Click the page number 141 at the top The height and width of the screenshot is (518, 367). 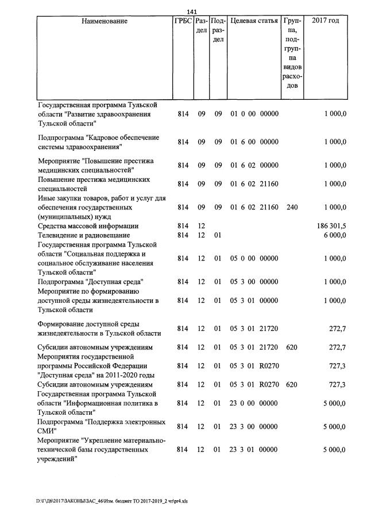(x=192, y=12)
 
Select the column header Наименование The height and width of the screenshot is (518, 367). (x=104, y=21)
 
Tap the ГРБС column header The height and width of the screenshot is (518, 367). (x=183, y=21)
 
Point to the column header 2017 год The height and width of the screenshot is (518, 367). (x=325, y=21)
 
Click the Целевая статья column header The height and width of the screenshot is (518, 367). (x=254, y=21)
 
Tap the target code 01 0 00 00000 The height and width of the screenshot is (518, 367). (x=254, y=114)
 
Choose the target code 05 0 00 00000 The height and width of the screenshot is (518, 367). (x=254, y=259)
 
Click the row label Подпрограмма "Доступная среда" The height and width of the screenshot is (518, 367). (x=90, y=282)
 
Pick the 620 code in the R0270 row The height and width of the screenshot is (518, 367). (x=292, y=384)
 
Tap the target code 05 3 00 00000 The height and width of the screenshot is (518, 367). (x=254, y=282)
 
